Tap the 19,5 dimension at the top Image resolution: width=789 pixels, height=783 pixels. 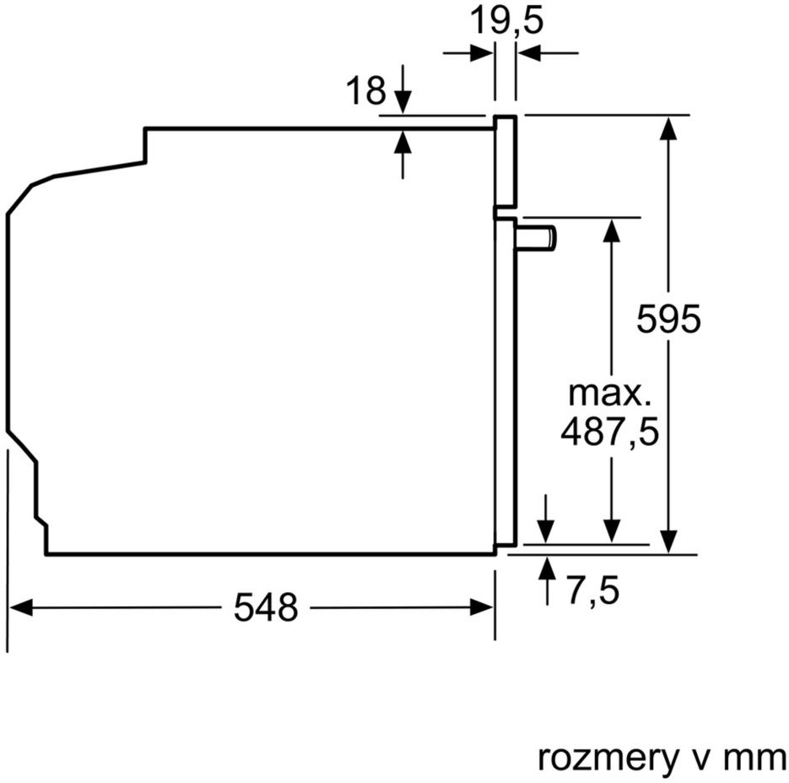pyautogui.click(x=506, y=22)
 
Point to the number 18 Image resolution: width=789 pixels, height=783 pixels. pyautogui.click(x=366, y=90)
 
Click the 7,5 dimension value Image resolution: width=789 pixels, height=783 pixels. pyautogui.click(x=593, y=590)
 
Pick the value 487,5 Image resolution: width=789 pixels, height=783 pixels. pyautogui.click(x=609, y=432)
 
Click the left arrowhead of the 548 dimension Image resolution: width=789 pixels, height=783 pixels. pyautogui.click(x=21, y=606)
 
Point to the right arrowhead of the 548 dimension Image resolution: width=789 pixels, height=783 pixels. pyautogui.click(x=481, y=606)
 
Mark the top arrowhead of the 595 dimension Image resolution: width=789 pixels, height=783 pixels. pyautogui.click(x=668, y=128)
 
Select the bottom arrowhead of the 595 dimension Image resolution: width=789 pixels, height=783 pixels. pyautogui.click(x=668, y=541)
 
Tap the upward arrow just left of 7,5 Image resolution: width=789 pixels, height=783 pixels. pyautogui.click(x=547, y=580)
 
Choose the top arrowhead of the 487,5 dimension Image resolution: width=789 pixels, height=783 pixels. pyautogui.click(x=612, y=230)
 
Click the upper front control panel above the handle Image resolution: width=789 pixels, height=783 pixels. pyautogui.click(x=505, y=161)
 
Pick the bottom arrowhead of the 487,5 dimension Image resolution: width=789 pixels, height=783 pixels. pyautogui.click(x=612, y=531)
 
